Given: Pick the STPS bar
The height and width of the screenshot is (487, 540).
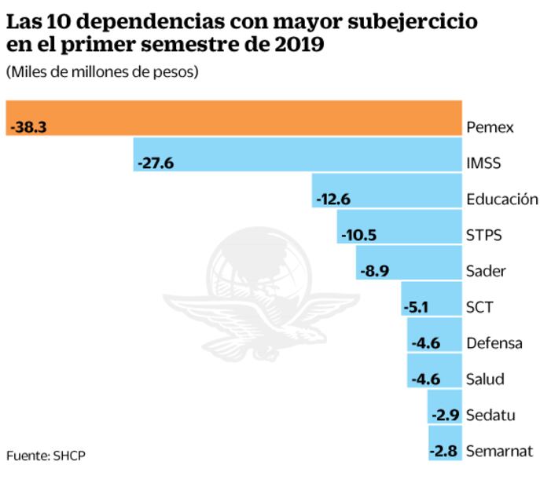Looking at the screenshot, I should (x=399, y=226).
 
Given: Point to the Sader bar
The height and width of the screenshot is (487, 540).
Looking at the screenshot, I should (x=408, y=262).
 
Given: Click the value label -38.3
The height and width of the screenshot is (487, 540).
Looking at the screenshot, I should (x=29, y=126).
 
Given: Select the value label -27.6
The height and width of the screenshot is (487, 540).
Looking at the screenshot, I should (x=155, y=163).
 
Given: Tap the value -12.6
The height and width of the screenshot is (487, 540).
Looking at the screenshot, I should (x=332, y=199).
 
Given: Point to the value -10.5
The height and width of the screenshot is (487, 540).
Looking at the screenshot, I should (x=358, y=235).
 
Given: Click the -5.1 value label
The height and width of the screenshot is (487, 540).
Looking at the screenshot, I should (x=417, y=307).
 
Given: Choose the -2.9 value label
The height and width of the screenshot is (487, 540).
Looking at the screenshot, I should (x=445, y=415).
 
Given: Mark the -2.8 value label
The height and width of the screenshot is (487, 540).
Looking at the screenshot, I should (x=445, y=451).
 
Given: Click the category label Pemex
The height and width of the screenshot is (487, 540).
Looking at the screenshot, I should (x=489, y=126).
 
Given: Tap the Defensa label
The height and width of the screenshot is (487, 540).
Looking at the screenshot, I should (x=494, y=343).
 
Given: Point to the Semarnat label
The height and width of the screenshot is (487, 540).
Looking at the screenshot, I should (x=499, y=451).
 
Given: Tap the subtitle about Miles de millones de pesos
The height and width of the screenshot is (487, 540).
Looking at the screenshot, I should (x=101, y=72).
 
